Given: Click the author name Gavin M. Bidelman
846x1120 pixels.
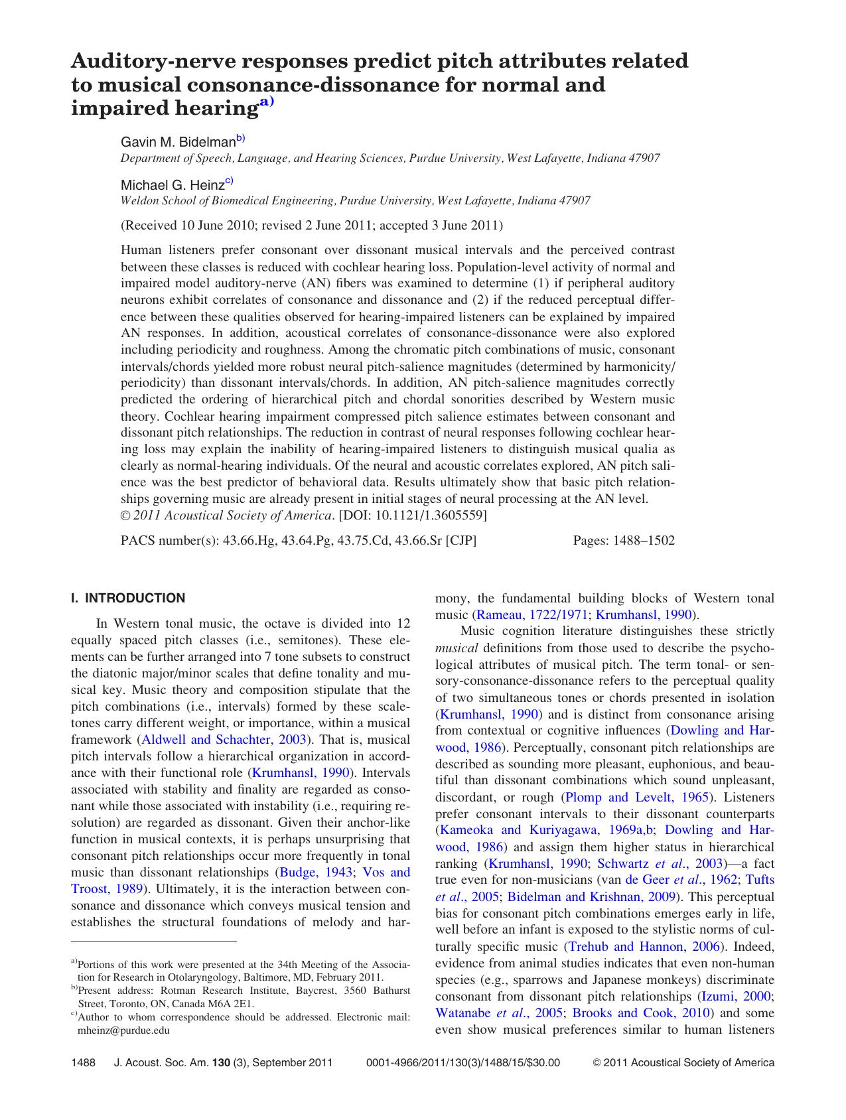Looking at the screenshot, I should click(x=178, y=142).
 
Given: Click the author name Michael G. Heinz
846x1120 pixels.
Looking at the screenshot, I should click(x=172, y=184).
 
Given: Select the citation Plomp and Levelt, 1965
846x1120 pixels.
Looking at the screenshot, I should click(x=636, y=797).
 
